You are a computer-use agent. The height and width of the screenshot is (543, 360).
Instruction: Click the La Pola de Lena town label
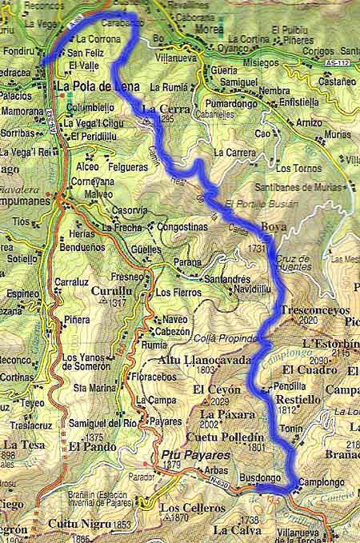95,86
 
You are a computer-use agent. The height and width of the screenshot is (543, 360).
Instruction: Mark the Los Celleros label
187,508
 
